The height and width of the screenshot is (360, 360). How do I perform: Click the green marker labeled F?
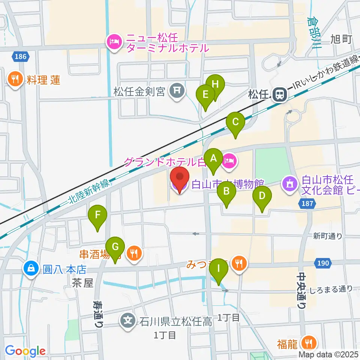97,215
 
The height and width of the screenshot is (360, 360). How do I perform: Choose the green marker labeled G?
115,247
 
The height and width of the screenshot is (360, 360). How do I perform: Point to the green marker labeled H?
215,85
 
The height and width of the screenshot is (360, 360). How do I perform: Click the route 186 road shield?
21,57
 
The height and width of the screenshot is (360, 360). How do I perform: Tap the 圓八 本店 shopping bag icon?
30,268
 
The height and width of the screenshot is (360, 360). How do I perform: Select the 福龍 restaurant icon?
309,342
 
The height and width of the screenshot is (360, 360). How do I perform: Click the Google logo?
25,351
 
